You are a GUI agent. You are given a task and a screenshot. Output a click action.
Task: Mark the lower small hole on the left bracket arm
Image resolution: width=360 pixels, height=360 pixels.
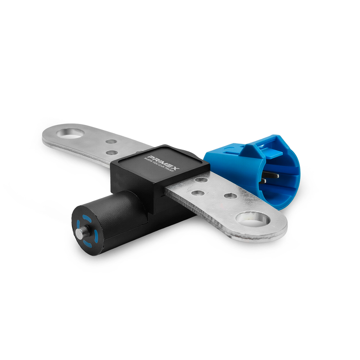click(x=111, y=152)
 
